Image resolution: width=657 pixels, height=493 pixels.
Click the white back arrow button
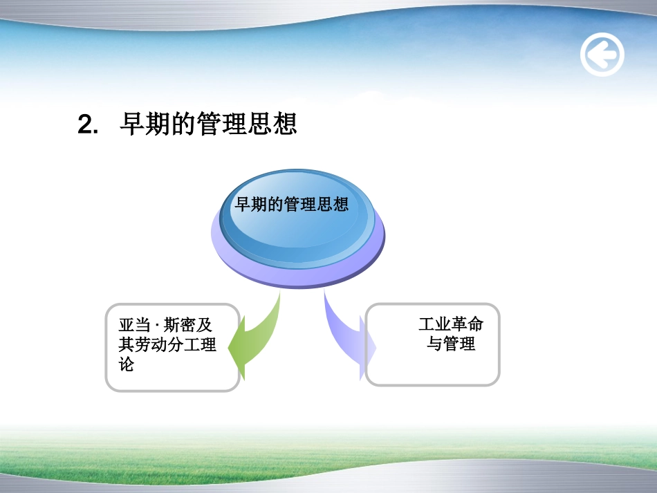pyautogui.click(x=602, y=55)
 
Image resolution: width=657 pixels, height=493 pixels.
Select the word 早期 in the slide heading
pyautogui.click(x=145, y=124)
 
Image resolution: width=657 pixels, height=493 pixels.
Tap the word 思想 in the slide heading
pyautogui.click(x=272, y=124)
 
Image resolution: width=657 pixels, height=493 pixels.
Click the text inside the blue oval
pyautogui.click(x=292, y=205)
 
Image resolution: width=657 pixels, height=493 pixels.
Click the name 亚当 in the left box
pyautogui.click(x=134, y=325)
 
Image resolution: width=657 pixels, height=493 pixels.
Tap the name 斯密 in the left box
pyautogui.click(x=180, y=325)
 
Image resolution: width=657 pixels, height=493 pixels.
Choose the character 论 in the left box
pyautogui.click(x=127, y=364)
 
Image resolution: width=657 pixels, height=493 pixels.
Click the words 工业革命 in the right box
pyautogui.click(x=452, y=324)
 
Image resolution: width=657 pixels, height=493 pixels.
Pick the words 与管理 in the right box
pyautogui.click(x=452, y=344)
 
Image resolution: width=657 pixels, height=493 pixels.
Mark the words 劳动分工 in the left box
pyautogui.click(x=167, y=344)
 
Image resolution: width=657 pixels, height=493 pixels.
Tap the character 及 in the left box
pyautogui.click(x=204, y=325)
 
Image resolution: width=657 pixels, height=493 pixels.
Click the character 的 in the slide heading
pyautogui.click(x=183, y=124)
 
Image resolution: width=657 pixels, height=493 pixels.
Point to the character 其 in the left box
pyautogui.click(x=127, y=344)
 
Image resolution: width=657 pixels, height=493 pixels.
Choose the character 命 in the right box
pyautogui.click(x=476, y=324)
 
